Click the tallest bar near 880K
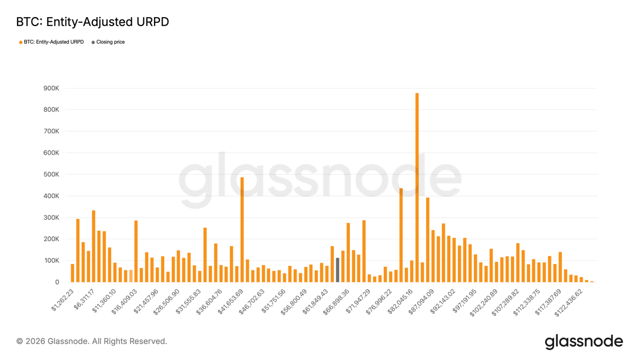(417, 188)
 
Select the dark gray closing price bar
(338, 270)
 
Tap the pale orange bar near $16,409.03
(131, 276)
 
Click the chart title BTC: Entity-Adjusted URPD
(92, 22)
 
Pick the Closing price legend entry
(110, 42)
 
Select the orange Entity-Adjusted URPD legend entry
(53, 42)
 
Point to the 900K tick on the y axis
(52, 88)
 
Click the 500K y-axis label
(52, 174)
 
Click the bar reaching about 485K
(242, 229)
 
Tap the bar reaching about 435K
(401, 235)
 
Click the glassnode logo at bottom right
(583, 341)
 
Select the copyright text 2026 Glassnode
(92, 341)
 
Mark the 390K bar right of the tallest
(428, 240)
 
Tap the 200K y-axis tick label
(52, 239)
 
